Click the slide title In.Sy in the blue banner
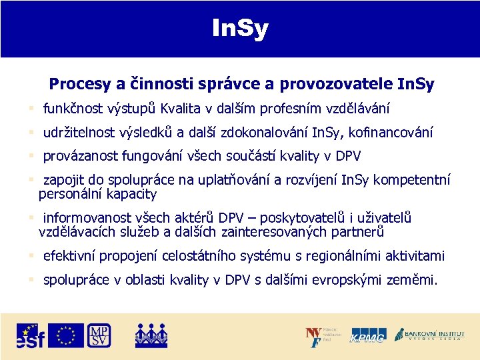[240, 28]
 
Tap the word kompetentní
[412, 181]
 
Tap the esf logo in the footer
[31, 335]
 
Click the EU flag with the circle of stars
[65, 335]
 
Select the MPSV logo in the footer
[99, 335]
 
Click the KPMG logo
[368, 336]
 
